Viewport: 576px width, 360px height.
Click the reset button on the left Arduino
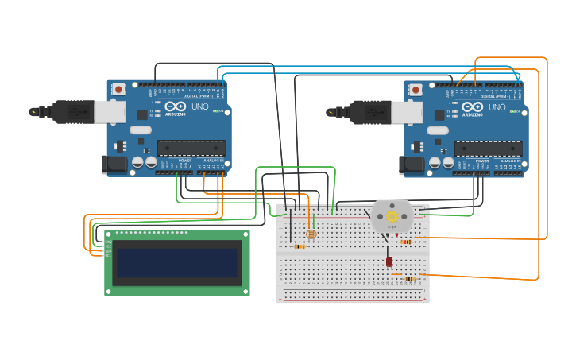118,90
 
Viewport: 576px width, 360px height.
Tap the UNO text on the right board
497,107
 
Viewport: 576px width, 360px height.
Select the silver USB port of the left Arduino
110,111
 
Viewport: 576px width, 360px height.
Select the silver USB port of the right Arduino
407,112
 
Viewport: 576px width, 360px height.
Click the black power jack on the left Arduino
114,164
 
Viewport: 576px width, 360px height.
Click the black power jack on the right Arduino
411,165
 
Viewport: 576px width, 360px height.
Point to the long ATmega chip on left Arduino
191,148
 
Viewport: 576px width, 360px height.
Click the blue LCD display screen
177,262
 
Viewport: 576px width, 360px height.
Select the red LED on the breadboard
389,261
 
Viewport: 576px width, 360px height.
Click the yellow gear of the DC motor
392,215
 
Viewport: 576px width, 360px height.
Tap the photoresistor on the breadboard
311,234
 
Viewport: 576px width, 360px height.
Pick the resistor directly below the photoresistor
299,246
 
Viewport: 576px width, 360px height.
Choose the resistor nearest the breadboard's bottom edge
410,279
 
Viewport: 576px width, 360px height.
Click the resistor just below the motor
406,242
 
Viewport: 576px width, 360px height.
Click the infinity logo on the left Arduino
176,106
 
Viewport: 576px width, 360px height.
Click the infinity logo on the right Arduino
473,107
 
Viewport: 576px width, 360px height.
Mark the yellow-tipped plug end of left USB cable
34,112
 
